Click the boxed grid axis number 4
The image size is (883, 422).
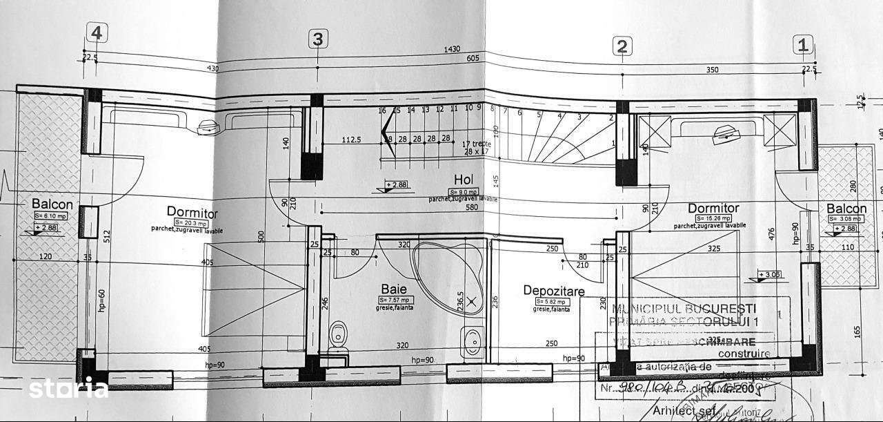click(97, 32)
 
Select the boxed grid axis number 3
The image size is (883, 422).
click(317, 39)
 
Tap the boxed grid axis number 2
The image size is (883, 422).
click(622, 46)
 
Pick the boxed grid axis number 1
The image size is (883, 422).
click(803, 46)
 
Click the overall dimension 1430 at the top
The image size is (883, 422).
click(453, 50)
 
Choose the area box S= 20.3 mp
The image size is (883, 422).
click(191, 222)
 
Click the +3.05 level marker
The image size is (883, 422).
click(770, 275)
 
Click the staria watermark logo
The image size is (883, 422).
click(67, 388)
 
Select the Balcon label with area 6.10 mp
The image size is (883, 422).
click(52, 204)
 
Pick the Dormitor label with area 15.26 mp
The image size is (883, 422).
click(713, 208)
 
